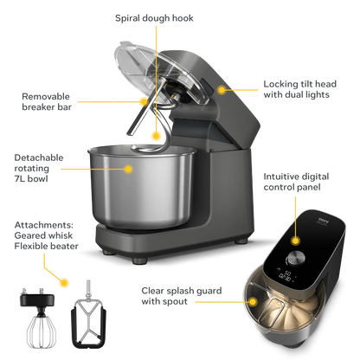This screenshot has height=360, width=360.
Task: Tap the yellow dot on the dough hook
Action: (156, 135)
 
